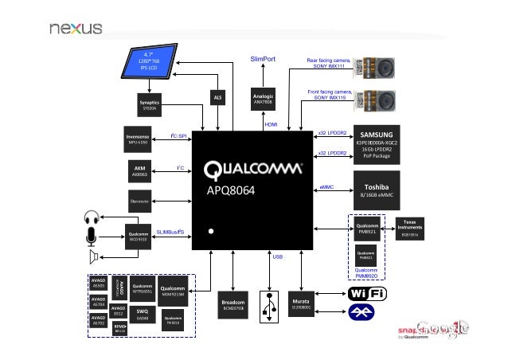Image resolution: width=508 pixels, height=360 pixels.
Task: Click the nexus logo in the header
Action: tap(76, 28)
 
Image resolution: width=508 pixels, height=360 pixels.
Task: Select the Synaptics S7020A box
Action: tap(149, 106)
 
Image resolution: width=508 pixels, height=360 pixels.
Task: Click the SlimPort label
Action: tap(263, 59)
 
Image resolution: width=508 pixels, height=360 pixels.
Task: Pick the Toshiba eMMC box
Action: tap(378, 189)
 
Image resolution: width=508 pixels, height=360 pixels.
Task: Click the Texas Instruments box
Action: tap(410, 228)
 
